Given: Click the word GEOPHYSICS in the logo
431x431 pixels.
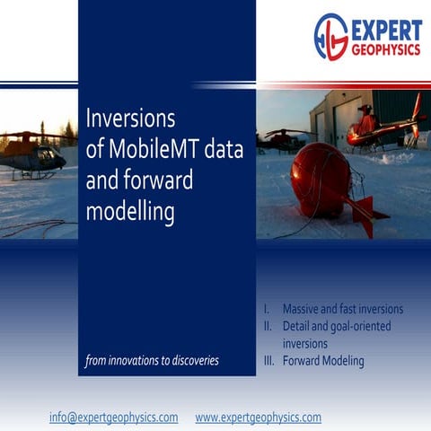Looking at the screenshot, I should coord(385,50).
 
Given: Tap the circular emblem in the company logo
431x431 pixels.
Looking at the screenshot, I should coord(331,37).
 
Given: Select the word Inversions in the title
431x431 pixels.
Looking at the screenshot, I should coord(130,119).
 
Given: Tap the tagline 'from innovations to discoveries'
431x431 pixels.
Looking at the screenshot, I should coord(152,361).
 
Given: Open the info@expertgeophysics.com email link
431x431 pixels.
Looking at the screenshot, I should coord(113,418).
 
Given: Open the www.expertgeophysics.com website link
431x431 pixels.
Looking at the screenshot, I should coord(258,418).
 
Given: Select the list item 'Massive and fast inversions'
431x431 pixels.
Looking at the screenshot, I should coord(342,309).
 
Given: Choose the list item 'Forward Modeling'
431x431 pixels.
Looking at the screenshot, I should coord(323,361).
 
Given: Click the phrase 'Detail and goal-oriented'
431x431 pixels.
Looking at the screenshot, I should coord(337,326).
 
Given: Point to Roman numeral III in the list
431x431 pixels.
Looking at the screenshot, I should coord(267,361).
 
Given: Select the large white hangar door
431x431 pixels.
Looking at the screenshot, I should coord(344,127).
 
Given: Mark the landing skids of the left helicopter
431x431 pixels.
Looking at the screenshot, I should coord(36,175).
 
